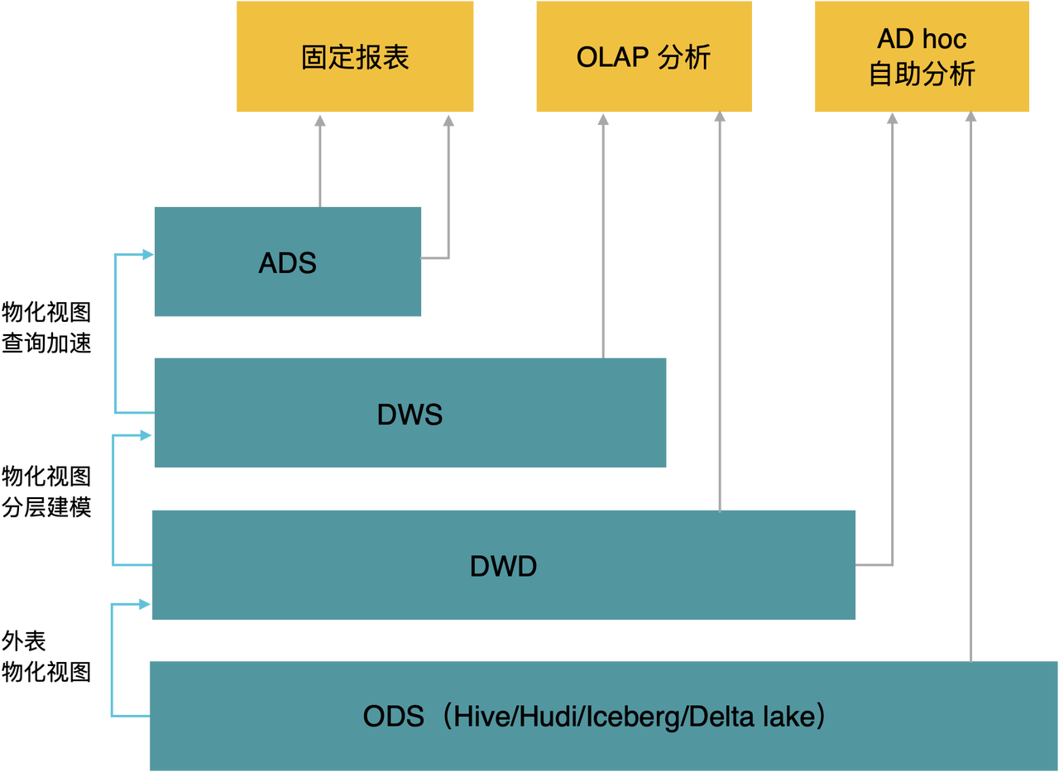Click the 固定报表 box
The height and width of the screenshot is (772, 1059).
(x=355, y=56)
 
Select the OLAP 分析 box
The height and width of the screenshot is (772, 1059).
(x=644, y=56)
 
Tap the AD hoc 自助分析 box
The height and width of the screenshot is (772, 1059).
(x=922, y=56)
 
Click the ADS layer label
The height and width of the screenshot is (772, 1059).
(x=287, y=263)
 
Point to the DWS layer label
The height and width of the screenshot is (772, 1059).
(x=410, y=415)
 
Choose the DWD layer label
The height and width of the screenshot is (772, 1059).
(x=504, y=566)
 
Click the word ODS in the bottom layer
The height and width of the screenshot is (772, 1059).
(x=393, y=717)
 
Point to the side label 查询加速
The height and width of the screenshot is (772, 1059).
(x=46, y=343)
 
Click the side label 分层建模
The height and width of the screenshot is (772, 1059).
(x=46, y=506)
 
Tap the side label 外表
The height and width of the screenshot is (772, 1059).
(x=24, y=641)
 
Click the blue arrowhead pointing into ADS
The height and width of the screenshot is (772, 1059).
(x=148, y=254)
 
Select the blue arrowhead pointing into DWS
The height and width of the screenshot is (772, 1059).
(x=146, y=435)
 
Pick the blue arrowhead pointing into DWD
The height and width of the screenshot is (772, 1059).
(x=145, y=604)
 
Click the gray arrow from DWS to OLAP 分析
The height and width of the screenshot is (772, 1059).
(x=603, y=237)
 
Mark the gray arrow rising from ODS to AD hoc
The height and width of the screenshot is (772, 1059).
(x=970, y=386)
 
